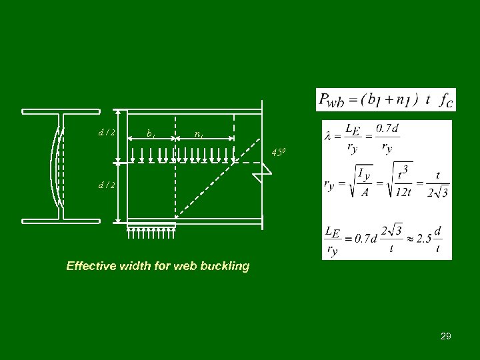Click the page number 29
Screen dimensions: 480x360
[x=445, y=337]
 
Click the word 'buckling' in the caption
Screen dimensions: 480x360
[x=225, y=266]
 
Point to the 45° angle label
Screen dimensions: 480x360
[x=278, y=153]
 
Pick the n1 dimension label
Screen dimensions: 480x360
[x=199, y=134]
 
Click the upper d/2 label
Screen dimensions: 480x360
[x=106, y=132]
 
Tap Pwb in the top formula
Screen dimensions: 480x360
[x=331, y=100]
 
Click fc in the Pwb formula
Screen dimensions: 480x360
[x=445, y=100]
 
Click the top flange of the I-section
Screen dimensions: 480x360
[x=61, y=111]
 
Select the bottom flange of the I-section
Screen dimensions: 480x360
[x=61, y=221]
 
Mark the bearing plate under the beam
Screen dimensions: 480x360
[x=151, y=225]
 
